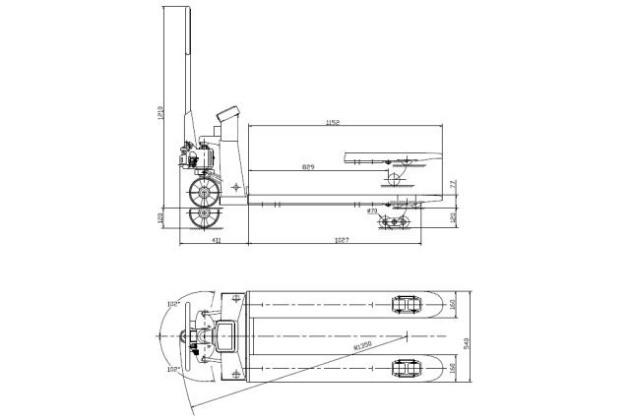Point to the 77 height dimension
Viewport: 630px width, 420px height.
tap(452, 184)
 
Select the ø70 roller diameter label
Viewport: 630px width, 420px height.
tap(371, 210)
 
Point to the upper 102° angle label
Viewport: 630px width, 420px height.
tap(173, 305)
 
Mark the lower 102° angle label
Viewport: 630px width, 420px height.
tap(173, 370)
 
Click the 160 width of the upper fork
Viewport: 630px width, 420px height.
tap(452, 305)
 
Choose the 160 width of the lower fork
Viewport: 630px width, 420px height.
tap(452, 368)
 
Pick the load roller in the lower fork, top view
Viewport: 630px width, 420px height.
tap(404, 368)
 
